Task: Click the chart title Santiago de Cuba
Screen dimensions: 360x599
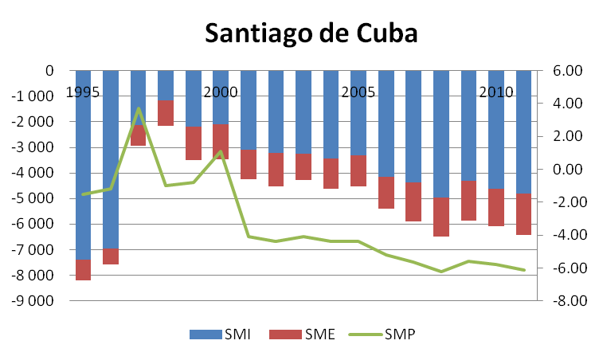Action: click(311, 33)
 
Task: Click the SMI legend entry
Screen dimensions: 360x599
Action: click(221, 335)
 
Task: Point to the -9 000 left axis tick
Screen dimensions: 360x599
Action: click(33, 301)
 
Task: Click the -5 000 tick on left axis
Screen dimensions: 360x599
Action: click(33, 198)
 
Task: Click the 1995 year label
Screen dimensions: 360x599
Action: click(83, 92)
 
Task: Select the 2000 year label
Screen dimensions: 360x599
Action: click(221, 92)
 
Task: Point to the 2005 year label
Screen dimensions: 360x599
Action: click(358, 92)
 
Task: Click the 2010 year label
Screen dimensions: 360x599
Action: click(495, 92)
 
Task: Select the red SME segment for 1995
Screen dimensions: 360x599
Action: click(83, 269)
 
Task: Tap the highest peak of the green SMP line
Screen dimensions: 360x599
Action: click(138, 108)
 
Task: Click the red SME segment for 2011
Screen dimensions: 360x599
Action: click(523, 213)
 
